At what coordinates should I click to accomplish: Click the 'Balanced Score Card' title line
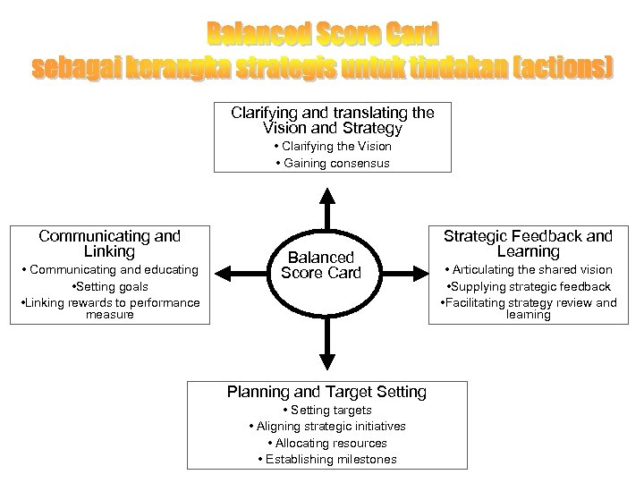pos(324,35)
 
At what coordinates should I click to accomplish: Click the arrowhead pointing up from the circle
pos(327,193)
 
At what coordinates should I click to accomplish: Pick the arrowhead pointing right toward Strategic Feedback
pos(424,269)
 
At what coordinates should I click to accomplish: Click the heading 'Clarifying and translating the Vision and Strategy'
pos(333,121)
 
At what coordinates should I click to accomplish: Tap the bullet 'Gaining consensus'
pos(333,164)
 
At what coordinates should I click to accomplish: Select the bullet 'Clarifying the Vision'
pos(333,146)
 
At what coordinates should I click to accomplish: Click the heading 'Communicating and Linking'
pos(109,244)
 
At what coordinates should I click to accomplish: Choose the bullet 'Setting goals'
pos(108,287)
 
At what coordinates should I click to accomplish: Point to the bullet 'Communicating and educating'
pos(108,270)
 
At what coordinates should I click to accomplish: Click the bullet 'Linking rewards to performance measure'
pos(109,308)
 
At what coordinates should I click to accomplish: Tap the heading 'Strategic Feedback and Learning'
pos(528,244)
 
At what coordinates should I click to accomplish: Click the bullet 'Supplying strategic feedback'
pos(528,287)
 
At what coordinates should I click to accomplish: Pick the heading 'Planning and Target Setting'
pos(327,392)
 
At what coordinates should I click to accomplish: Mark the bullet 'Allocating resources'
pos(327,444)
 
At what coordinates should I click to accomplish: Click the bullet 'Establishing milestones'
pos(327,460)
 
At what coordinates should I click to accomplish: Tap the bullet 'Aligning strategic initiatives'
pos(327,427)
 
